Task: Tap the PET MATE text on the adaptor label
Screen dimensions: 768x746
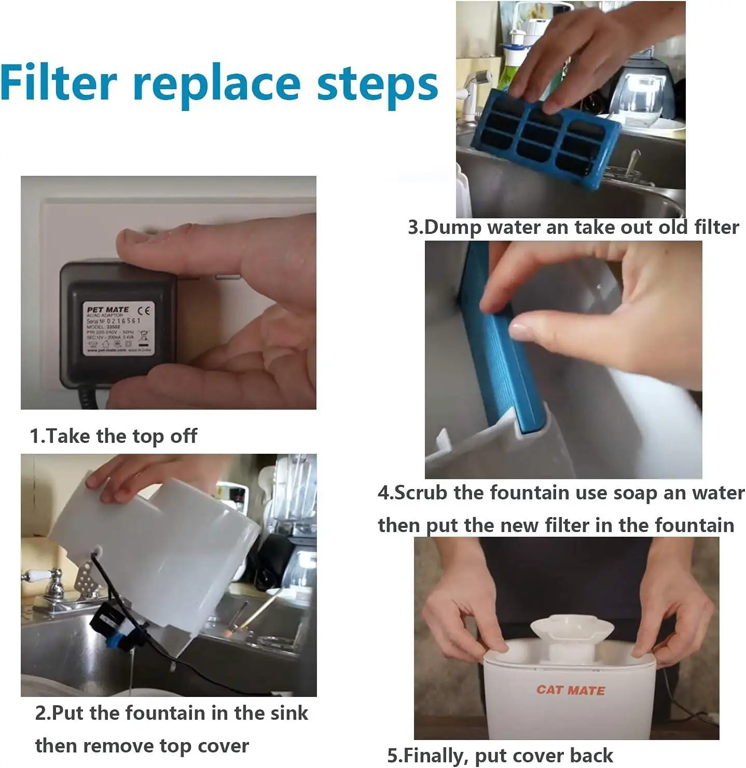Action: pos(107,310)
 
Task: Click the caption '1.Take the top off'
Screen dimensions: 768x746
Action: pos(113,436)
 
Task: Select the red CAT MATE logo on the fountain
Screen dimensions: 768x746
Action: pos(571,690)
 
